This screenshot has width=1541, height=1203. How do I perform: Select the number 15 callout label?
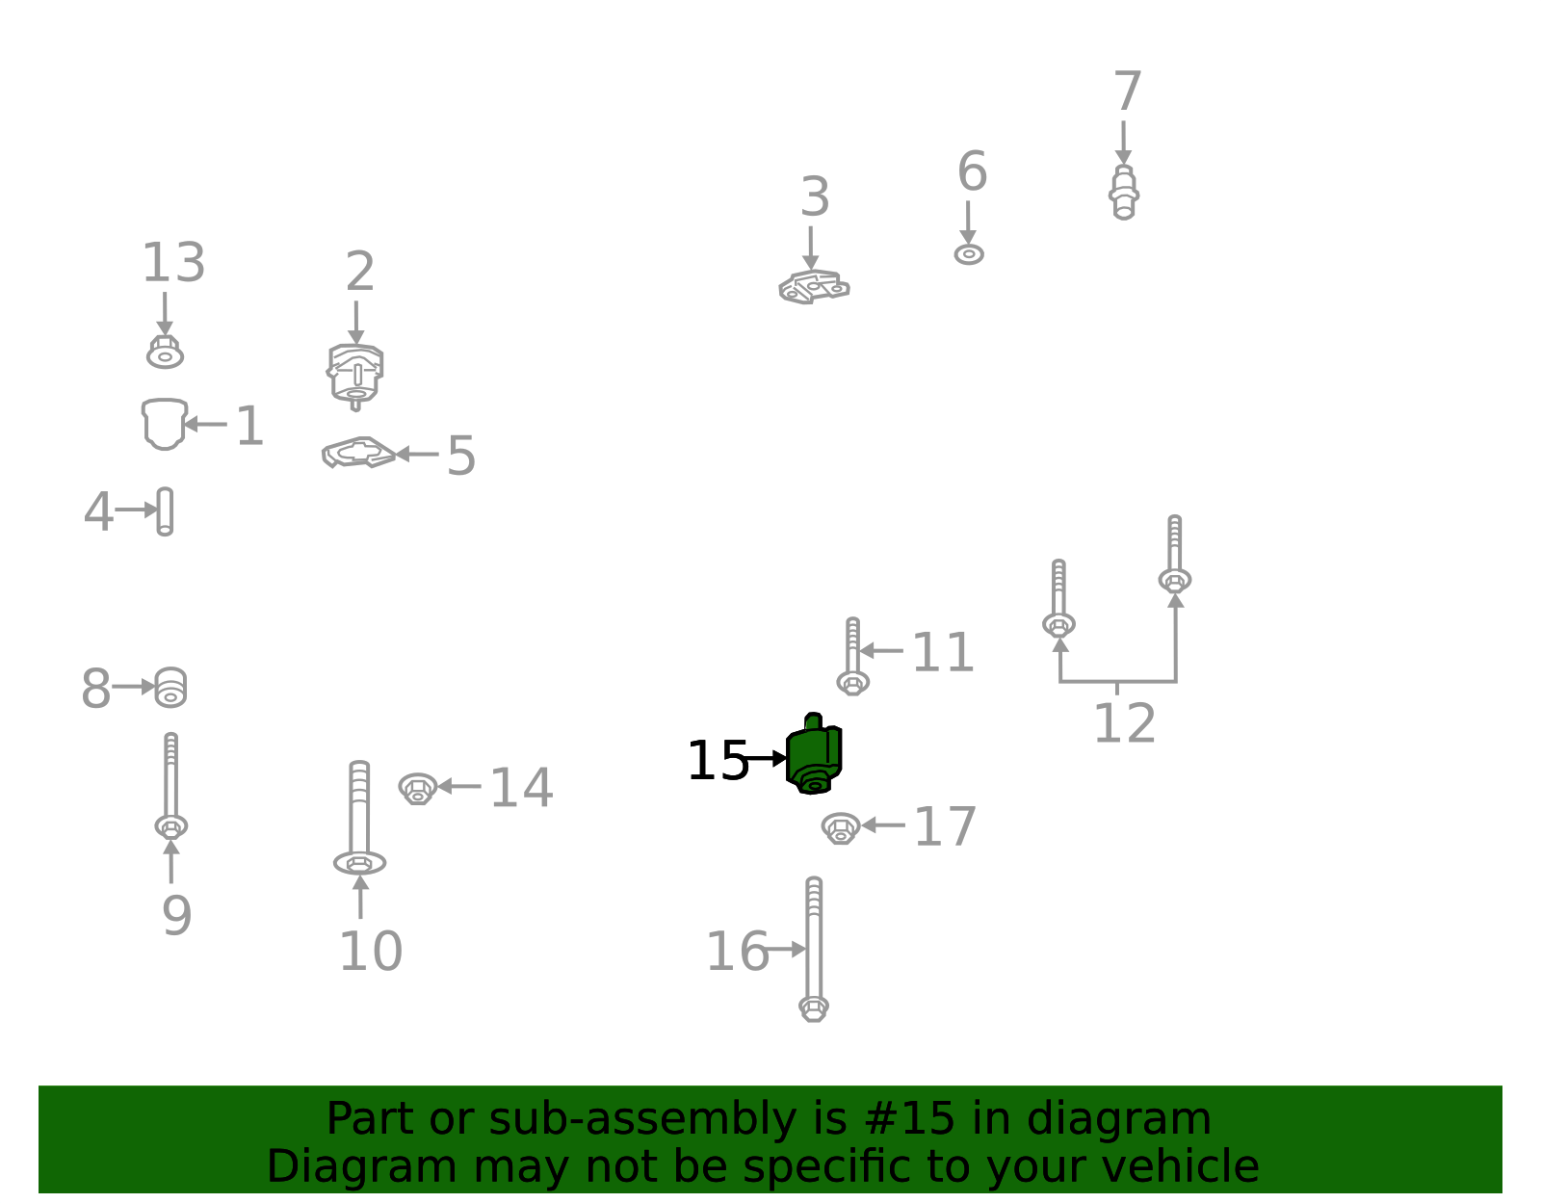(718, 761)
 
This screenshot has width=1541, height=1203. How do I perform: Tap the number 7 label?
(1127, 92)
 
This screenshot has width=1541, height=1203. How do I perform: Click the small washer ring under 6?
(969, 253)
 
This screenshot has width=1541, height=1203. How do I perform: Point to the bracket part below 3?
(814, 287)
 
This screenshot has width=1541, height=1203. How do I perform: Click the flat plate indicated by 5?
(358, 453)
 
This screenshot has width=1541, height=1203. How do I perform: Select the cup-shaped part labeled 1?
(165, 423)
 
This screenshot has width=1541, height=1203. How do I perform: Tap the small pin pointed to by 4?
(165, 511)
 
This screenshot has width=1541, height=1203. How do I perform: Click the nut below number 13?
(166, 353)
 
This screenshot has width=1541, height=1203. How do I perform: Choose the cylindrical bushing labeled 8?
(170, 687)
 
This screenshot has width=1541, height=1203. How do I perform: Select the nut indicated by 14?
(418, 788)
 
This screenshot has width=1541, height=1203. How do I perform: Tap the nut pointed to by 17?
(841, 827)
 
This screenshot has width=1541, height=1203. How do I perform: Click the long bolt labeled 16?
(814, 949)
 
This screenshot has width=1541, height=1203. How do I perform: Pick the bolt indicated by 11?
(852, 656)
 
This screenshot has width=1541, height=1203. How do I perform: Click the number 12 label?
(1125, 723)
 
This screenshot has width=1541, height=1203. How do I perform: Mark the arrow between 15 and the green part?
(765, 758)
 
